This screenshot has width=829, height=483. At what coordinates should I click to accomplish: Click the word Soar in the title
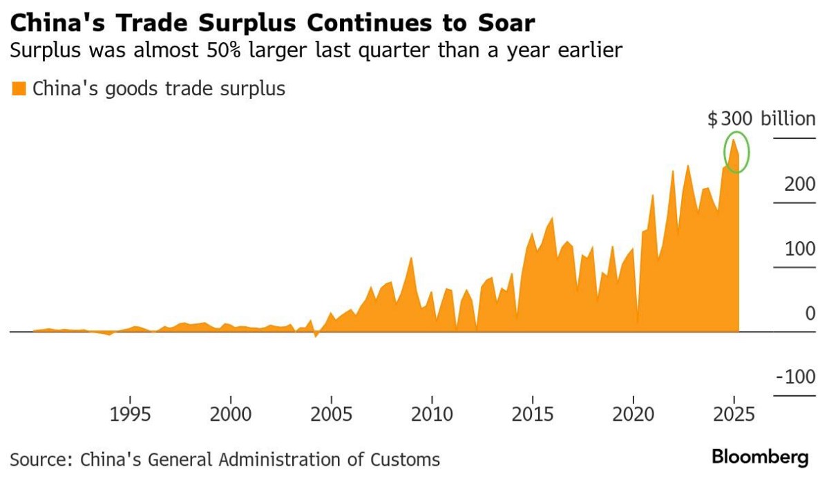(x=506, y=23)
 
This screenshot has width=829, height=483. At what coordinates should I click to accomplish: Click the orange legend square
(x=19, y=89)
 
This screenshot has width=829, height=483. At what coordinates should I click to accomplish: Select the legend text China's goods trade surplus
(x=159, y=89)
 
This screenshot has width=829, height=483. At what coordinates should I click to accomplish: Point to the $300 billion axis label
(x=761, y=118)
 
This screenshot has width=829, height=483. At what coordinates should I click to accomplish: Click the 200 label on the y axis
(x=800, y=184)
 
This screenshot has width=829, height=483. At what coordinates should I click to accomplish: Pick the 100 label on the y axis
(x=800, y=249)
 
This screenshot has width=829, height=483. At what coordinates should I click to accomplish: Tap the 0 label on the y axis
(x=810, y=313)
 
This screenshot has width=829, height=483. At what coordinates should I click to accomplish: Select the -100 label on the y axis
(x=796, y=377)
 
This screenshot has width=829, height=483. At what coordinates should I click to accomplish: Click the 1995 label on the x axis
(x=131, y=414)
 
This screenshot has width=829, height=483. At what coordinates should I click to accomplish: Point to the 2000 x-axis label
(x=231, y=414)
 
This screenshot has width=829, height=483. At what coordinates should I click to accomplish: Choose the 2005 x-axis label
(x=331, y=414)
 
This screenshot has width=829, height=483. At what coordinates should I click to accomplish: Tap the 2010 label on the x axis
(x=432, y=414)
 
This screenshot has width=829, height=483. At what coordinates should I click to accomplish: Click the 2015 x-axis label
(x=533, y=414)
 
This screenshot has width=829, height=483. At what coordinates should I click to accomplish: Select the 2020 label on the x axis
(x=633, y=414)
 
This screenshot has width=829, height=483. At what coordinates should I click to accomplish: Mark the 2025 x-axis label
(x=734, y=414)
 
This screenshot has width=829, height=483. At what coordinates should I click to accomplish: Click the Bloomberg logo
(x=760, y=457)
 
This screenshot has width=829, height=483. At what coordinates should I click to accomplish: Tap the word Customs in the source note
(x=406, y=460)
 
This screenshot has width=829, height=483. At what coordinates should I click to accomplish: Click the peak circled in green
(x=733, y=140)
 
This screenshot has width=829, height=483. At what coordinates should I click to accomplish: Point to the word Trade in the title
(x=153, y=23)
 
